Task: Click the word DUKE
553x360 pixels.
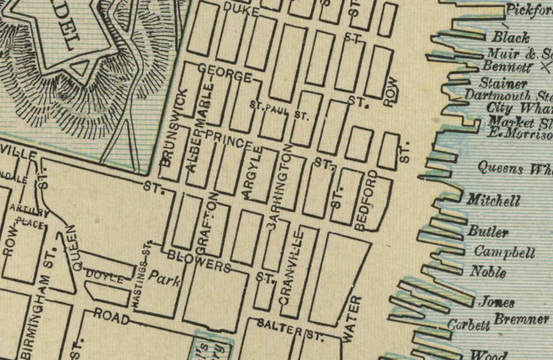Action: (241, 8)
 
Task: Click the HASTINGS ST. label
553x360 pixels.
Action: (142, 274)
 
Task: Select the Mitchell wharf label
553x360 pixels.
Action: (493, 200)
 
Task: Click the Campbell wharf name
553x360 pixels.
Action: (504, 253)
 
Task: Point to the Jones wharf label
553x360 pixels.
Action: (496, 302)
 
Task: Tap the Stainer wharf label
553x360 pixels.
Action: (503, 84)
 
